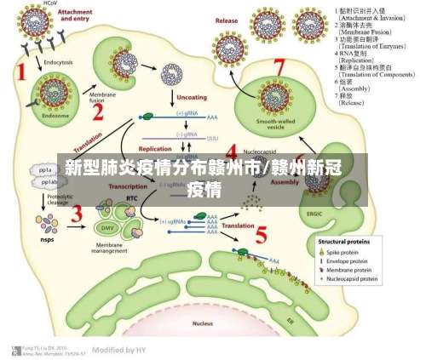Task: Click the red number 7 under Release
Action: [x=278, y=67]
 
